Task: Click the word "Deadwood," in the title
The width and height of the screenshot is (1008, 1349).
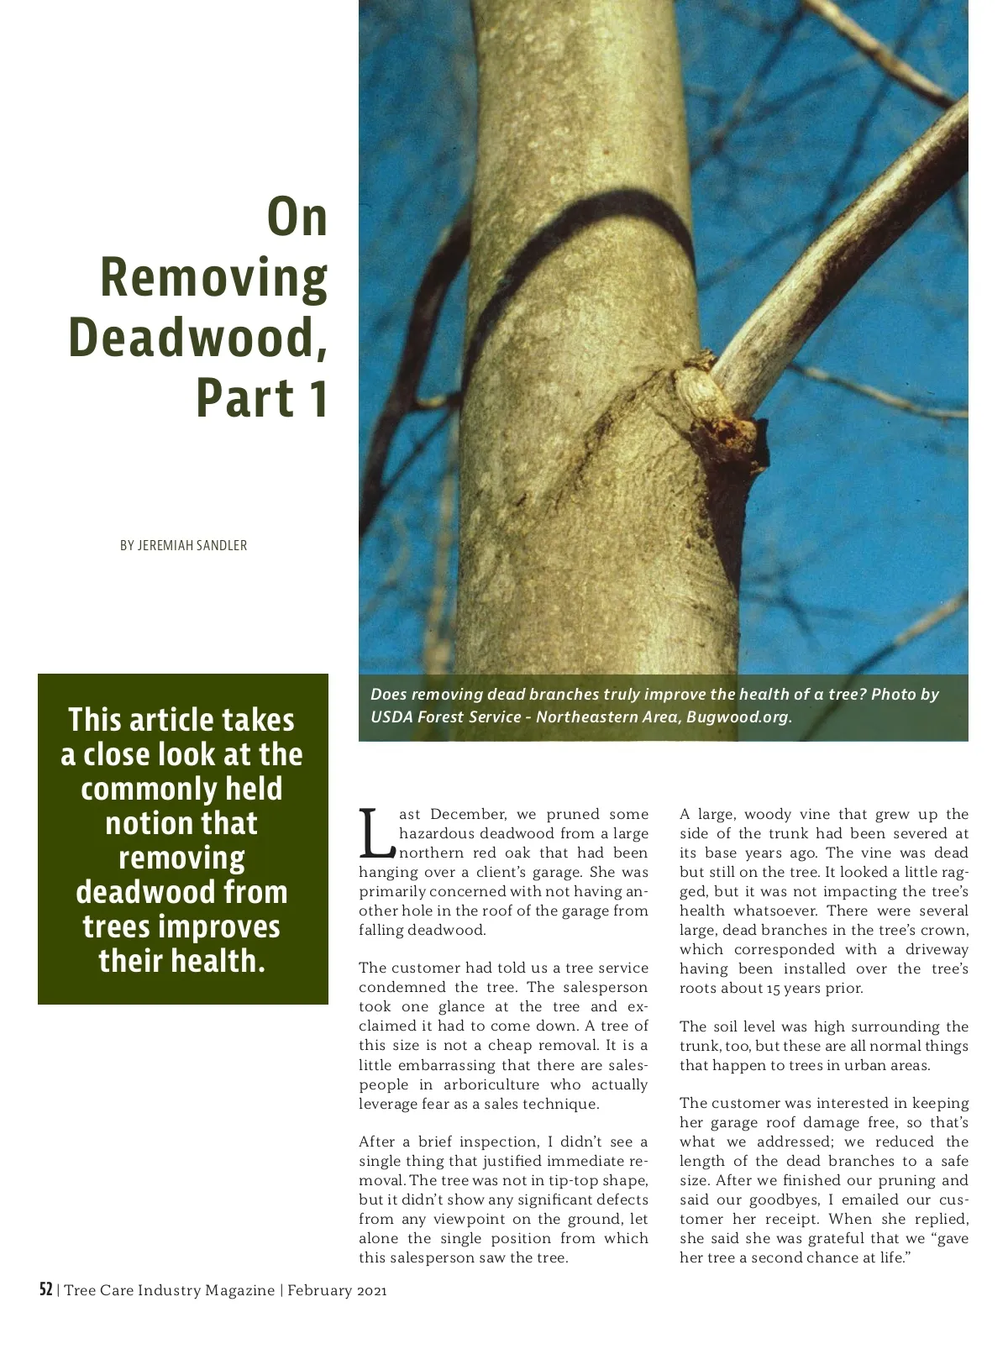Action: click(x=197, y=338)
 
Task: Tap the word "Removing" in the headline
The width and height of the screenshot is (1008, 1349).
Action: click(x=214, y=278)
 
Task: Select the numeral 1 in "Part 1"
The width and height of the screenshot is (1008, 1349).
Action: click(x=315, y=398)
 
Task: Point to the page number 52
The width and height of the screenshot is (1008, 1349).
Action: click(x=46, y=1290)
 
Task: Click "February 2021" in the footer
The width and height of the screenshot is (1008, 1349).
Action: click(x=337, y=1291)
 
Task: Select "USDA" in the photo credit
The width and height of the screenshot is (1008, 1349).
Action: click(x=391, y=717)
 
